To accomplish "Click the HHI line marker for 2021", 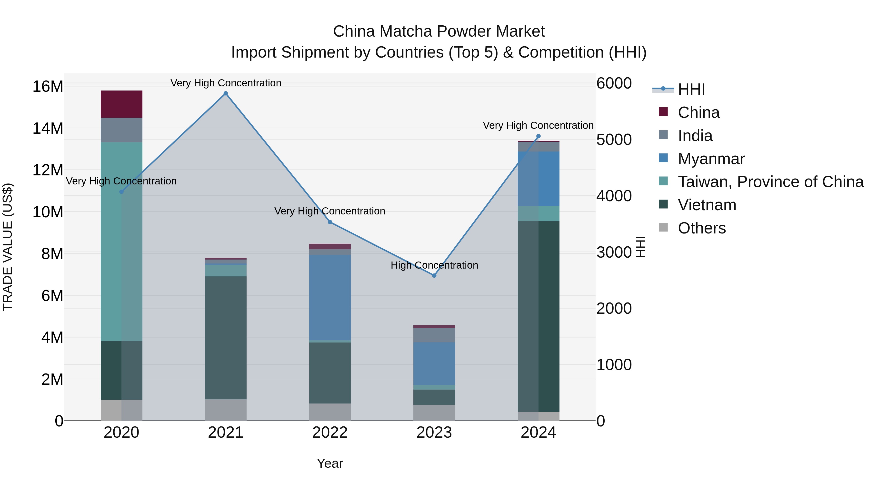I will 226,93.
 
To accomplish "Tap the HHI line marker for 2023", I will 434,275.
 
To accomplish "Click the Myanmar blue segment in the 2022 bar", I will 330,297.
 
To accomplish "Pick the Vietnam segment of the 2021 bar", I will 226,338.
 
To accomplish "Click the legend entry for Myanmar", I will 711,159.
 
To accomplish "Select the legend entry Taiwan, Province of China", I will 770,182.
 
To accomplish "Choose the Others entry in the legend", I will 701,228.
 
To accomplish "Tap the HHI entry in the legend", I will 691,89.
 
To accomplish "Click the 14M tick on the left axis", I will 48,129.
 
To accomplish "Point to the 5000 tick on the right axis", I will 614,140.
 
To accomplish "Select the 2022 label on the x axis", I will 330,433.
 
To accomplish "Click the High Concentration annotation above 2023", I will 434,265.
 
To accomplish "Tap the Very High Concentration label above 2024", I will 538,125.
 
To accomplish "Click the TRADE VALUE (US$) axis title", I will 8,247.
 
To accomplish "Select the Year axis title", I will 330,463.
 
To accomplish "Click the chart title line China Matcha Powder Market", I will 439,31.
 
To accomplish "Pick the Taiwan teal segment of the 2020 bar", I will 121,241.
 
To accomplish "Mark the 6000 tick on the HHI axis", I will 614,83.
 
